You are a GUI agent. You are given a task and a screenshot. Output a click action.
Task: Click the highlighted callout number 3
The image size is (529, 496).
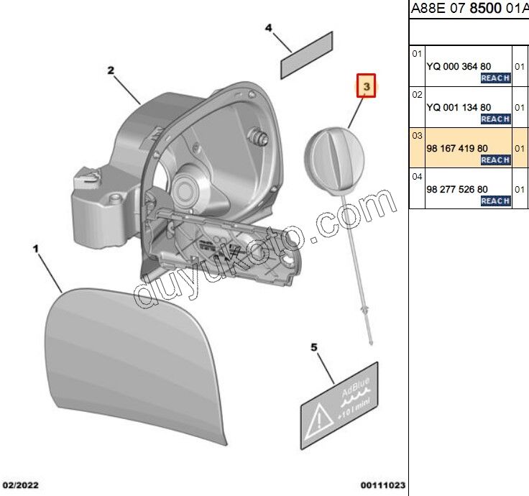(x=367, y=87)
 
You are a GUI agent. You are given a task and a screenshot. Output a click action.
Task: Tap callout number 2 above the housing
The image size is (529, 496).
(x=111, y=70)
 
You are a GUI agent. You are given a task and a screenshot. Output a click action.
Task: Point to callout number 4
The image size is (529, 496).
(x=269, y=29)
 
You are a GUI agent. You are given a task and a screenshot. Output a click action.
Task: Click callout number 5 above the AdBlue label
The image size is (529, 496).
(x=314, y=348)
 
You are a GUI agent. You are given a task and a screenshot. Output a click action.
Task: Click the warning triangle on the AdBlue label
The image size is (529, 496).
(x=317, y=422)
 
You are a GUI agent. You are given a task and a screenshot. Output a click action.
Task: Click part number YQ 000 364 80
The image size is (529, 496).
(x=459, y=66)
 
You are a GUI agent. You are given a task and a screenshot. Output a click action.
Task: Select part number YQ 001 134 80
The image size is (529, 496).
(x=459, y=107)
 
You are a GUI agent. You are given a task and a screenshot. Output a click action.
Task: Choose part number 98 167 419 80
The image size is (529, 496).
(x=457, y=149)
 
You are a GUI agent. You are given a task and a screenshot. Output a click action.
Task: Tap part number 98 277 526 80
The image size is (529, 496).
(x=457, y=189)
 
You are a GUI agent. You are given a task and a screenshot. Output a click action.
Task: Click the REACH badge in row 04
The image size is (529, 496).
(x=495, y=201)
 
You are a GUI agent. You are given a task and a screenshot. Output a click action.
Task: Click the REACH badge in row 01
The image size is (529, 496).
(x=495, y=78)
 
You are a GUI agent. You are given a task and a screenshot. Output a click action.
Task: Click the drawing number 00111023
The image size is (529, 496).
(x=383, y=485)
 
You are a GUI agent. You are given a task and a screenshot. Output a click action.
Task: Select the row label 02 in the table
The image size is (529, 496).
(x=417, y=94)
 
